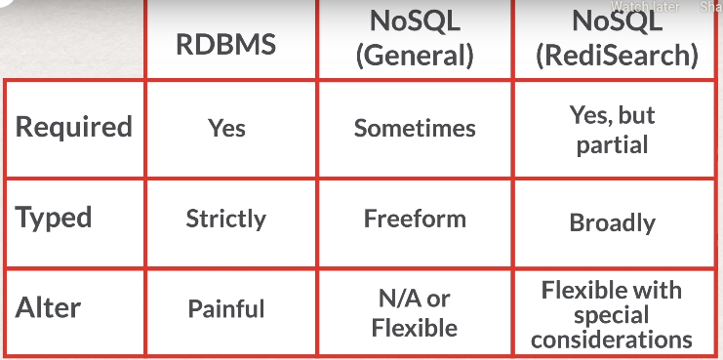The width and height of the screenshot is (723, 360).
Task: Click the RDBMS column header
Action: pyautogui.click(x=226, y=45)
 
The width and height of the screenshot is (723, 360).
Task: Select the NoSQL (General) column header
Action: pyautogui.click(x=415, y=38)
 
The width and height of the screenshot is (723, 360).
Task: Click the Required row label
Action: pyautogui.click(x=74, y=127)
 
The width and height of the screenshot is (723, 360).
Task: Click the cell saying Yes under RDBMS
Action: pyautogui.click(x=226, y=128)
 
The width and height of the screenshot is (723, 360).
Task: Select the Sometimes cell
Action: pyautogui.click(x=415, y=128)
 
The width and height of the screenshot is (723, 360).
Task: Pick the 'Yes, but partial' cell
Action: pyautogui.click(x=613, y=130)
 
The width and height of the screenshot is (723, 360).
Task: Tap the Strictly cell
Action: pyautogui.click(x=226, y=219)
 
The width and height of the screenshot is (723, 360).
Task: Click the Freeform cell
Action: pyautogui.click(x=415, y=219)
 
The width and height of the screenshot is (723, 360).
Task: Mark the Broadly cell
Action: pyautogui.click(x=613, y=222)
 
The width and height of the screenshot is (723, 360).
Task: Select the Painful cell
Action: pyautogui.click(x=226, y=309)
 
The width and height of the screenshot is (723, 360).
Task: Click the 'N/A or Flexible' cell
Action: pyautogui.click(x=415, y=311)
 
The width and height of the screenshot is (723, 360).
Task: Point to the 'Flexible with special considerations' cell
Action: pyautogui.click(x=613, y=314)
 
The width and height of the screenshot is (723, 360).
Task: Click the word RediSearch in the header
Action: pyautogui.click(x=618, y=56)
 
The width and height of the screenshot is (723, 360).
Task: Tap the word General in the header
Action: pyautogui.click(x=415, y=56)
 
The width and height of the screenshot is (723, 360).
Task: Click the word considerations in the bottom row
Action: pyautogui.click(x=613, y=340)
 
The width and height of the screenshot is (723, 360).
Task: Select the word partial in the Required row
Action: pyautogui.click(x=613, y=144)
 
